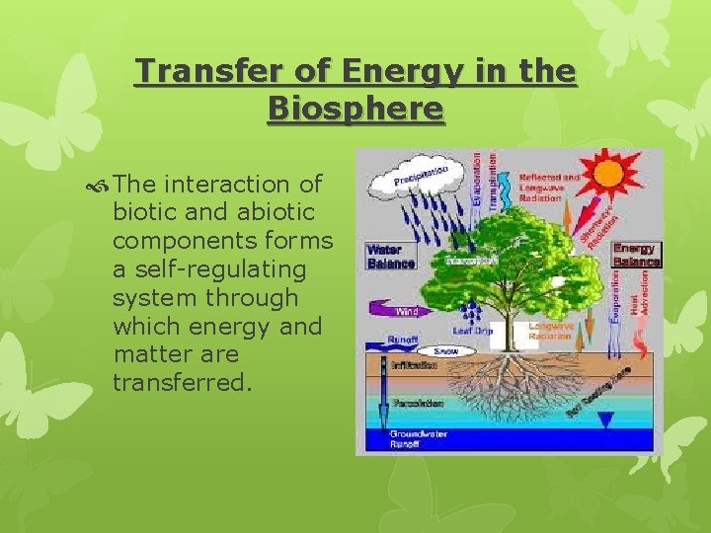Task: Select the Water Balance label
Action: tap(391, 256)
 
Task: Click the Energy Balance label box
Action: tap(636, 255)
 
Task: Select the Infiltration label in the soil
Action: tap(414, 364)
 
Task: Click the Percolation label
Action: tap(418, 403)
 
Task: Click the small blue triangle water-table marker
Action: tap(604, 419)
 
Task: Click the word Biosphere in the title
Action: tap(355, 109)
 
